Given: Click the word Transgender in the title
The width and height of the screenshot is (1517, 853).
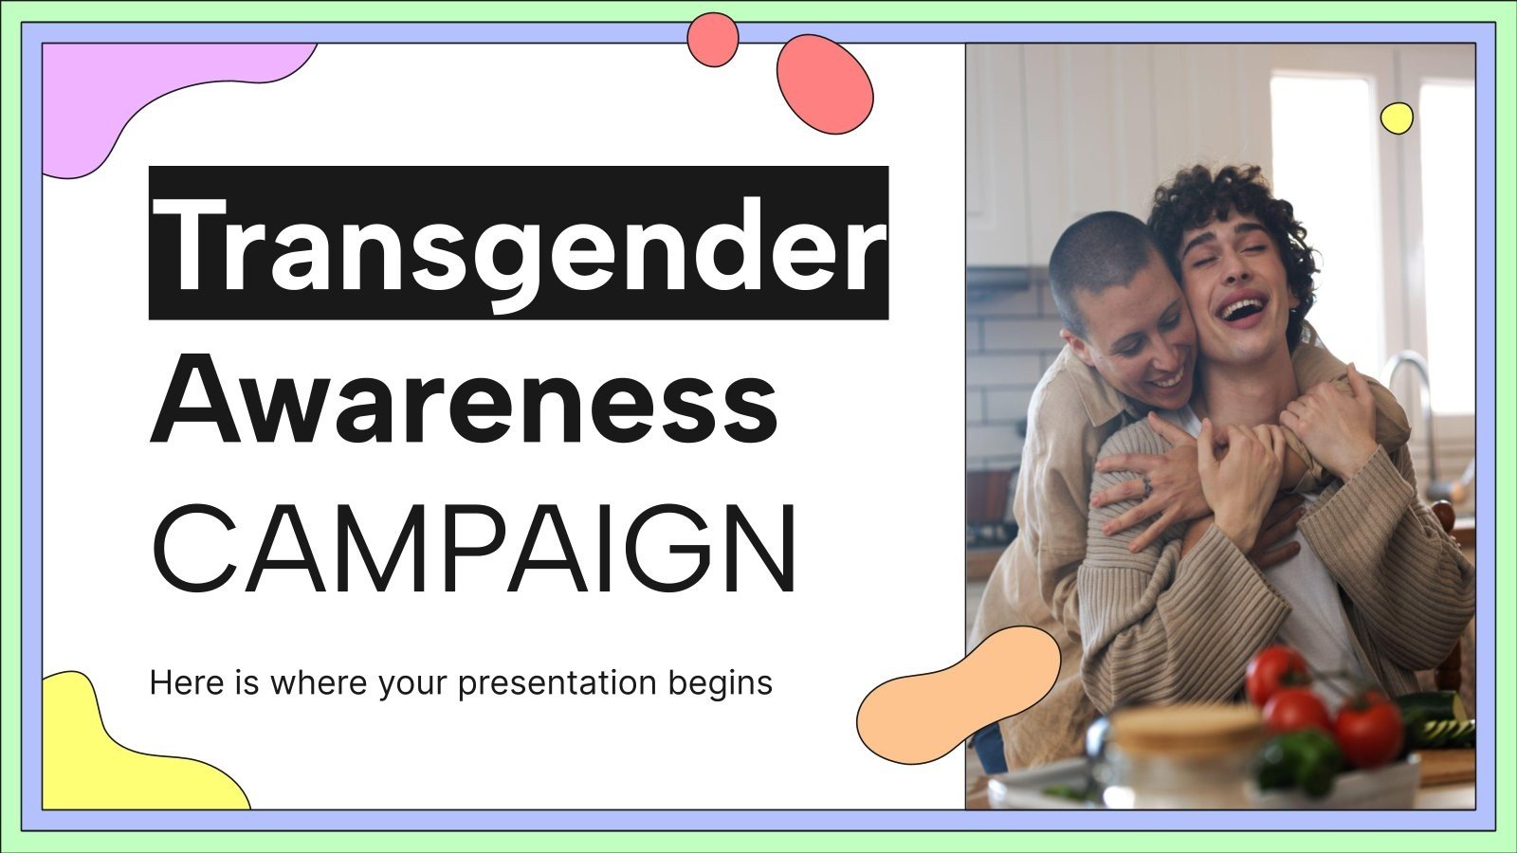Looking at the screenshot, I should click(519, 244).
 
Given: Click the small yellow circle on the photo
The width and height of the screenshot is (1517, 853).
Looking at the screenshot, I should click(1397, 118).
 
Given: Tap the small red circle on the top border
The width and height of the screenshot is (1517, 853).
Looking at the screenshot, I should click(712, 40).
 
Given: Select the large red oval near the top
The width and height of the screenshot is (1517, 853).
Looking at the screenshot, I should click(824, 83).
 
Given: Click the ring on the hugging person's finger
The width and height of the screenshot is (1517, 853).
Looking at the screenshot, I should click(1145, 485).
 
